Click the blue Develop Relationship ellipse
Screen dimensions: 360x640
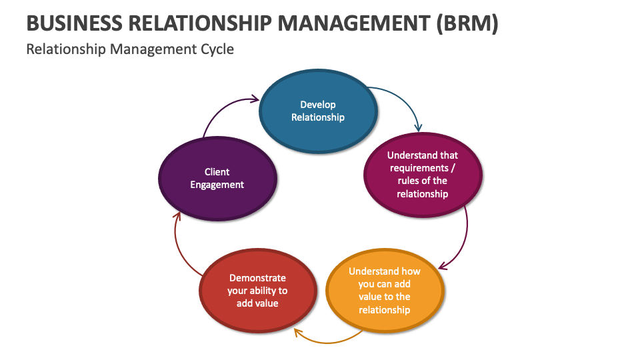pos(318,130)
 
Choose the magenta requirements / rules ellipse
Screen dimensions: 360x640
pos(423,203)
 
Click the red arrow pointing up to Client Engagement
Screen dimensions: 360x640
pos(180,247)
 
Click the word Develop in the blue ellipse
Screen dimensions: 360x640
pos(318,104)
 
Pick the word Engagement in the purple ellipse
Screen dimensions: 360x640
pos(217,185)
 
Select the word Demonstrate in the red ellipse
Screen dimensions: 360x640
pos(257,278)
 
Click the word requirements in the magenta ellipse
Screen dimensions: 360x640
pos(423,168)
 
